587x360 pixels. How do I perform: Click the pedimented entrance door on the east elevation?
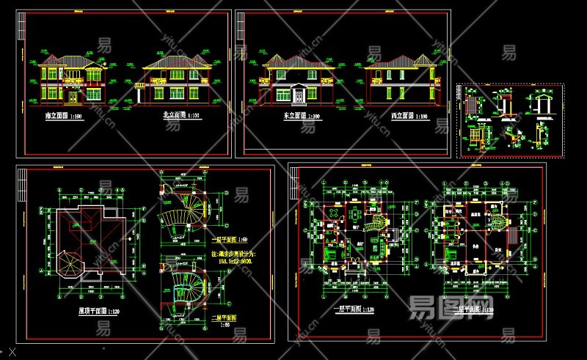[302, 92]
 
